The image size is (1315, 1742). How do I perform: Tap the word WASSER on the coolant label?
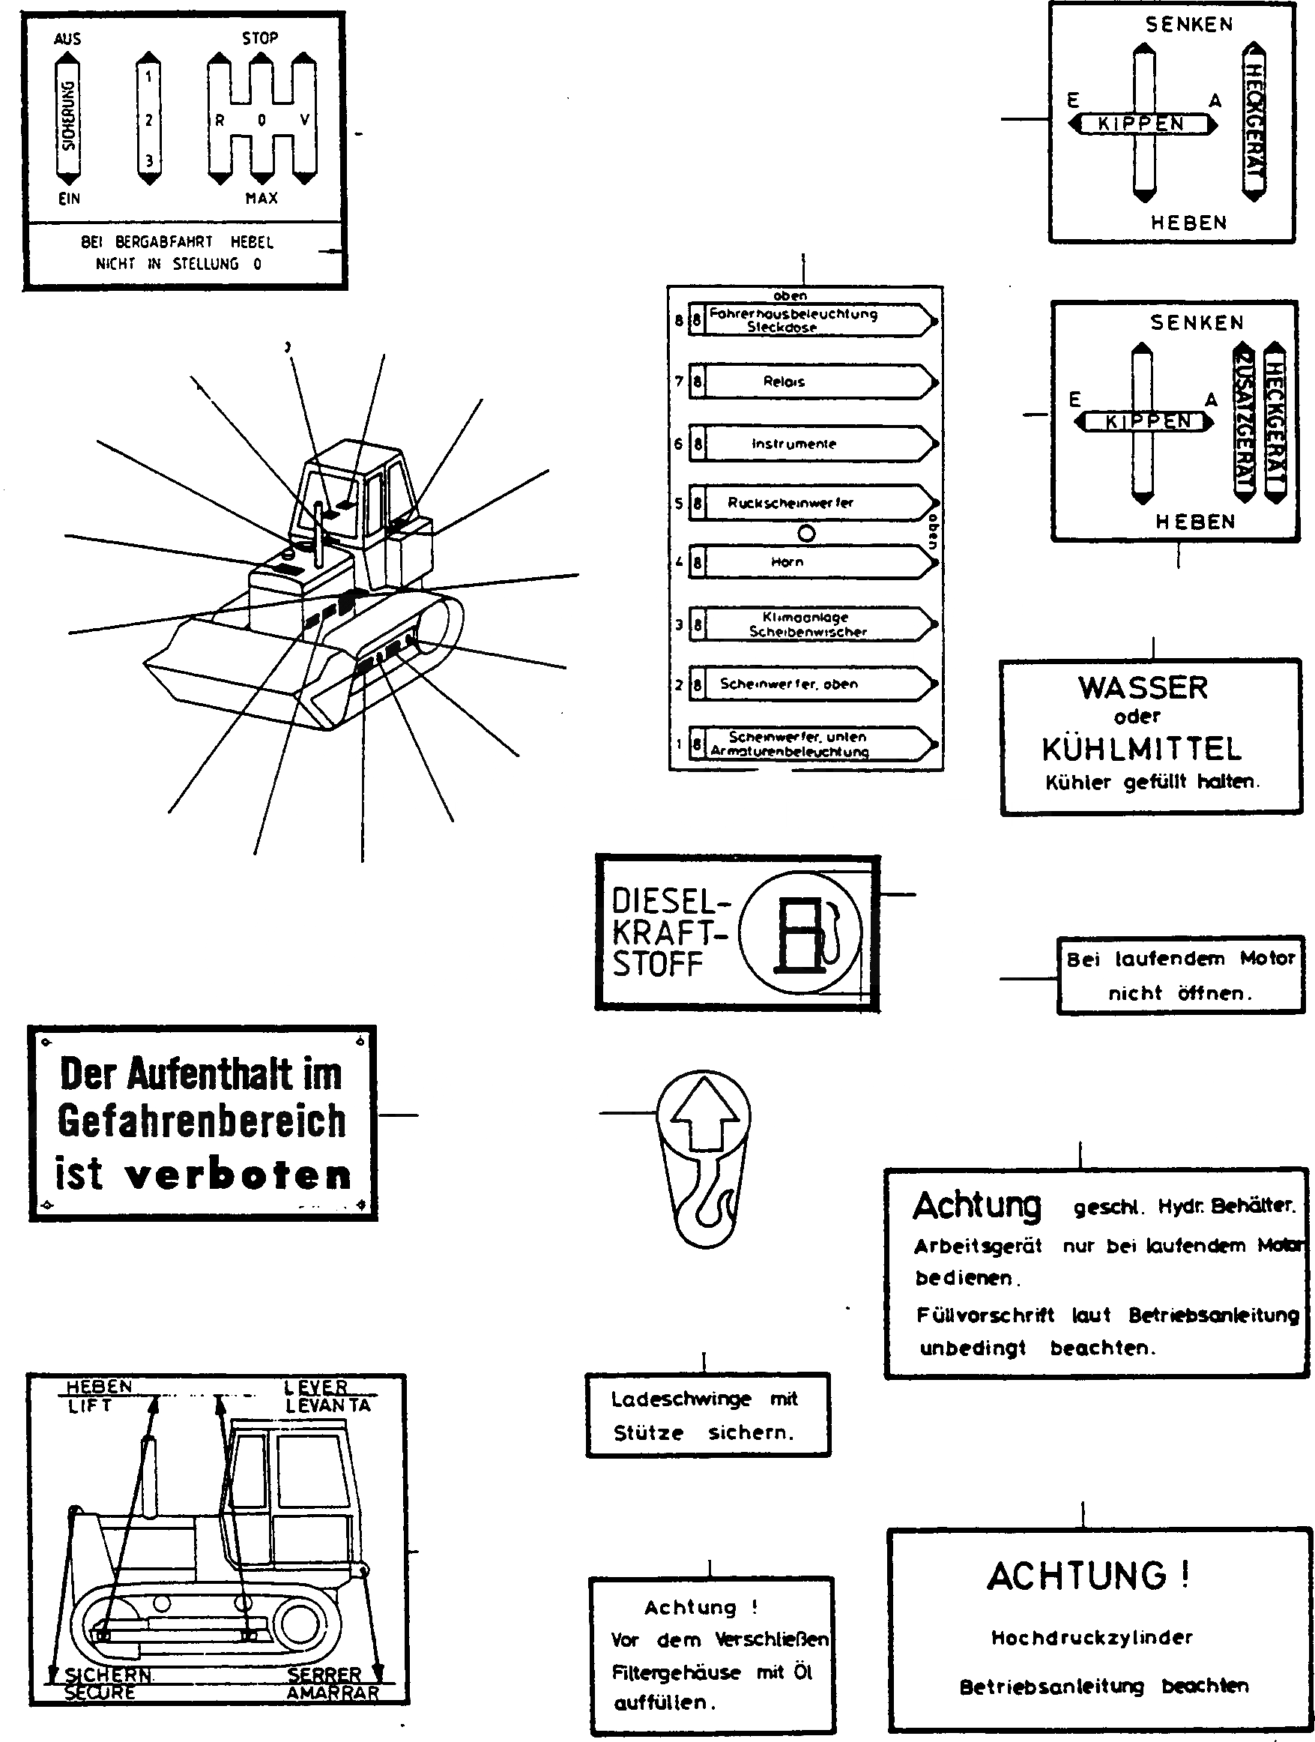[x=1143, y=687]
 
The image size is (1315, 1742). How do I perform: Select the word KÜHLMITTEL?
[x=1142, y=749]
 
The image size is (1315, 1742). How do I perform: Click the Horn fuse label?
[x=788, y=562]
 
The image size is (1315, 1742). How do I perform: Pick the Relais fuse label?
[x=784, y=382]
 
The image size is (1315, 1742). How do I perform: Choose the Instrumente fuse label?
[x=793, y=444]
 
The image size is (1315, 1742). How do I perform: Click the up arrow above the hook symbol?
[x=703, y=1112]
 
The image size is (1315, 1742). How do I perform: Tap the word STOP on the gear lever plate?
[x=260, y=37]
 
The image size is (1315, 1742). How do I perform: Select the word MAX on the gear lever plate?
[x=262, y=199]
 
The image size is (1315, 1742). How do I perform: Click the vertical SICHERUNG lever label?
[x=68, y=116]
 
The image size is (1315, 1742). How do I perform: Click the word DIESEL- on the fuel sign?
[x=670, y=901]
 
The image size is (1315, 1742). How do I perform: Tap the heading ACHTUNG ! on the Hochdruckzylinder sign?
[x=1087, y=1576]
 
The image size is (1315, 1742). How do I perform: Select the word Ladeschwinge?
[x=680, y=1399]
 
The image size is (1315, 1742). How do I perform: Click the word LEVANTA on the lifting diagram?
[x=327, y=1405]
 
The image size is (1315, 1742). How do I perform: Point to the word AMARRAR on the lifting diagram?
[x=332, y=1693]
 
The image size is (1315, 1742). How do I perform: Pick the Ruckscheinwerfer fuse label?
[x=790, y=503]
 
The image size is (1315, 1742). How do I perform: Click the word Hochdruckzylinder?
[x=1092, y=1637]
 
